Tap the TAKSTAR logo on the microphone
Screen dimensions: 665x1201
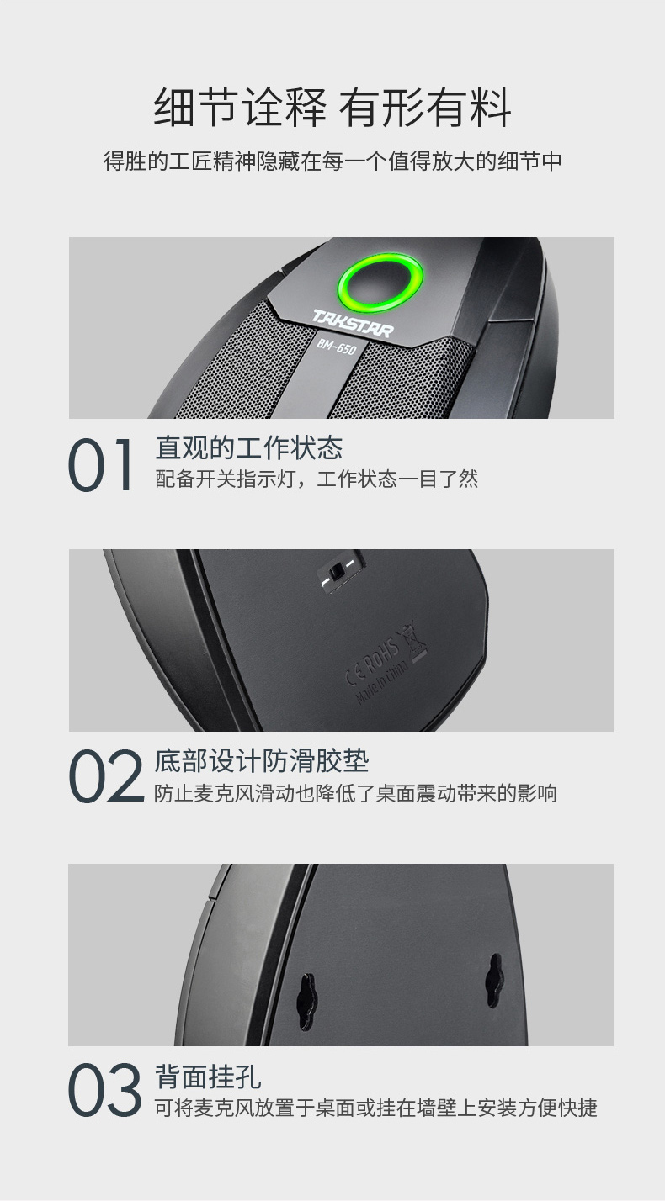(x=352, y=323)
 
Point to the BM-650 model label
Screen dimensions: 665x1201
(x=336, y=347)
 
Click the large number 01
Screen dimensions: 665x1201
(x=100, y=465)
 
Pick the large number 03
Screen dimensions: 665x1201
(x=105, y=1090)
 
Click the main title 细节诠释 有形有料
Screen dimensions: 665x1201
(x=332, y=108)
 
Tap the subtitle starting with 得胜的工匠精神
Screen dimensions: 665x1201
(x=332, y=161)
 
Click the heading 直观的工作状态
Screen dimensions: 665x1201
(x=249, y=447)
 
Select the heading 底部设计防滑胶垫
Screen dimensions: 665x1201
(x=262, y=760)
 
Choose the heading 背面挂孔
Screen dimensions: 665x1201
(x=208, y=1076)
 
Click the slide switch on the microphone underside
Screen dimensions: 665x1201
(x=338, y=572)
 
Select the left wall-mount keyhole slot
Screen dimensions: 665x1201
(x=306, y=1001)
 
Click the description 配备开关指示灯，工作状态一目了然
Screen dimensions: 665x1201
(x=317, y=479)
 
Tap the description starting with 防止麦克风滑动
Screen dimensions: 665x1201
(x=356, y=793)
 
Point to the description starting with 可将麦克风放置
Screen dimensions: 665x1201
(x=376, y=1107)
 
